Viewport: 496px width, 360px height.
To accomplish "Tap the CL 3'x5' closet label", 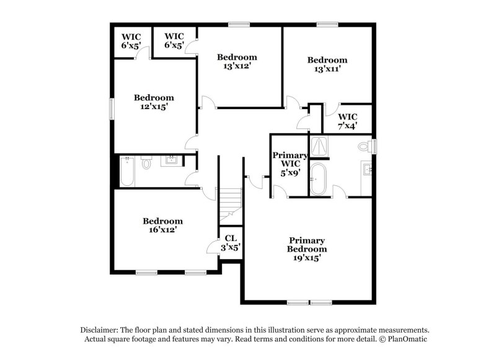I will pyautogui.click(x=231, y=242).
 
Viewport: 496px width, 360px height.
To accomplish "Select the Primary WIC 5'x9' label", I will pyautogui.click(x=290, y=164).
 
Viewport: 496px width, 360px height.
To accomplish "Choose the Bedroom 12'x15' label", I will pyautogui.click(x=154, y=102).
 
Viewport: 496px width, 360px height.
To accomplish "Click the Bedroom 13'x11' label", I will pyautogui.click(x=327, y=64).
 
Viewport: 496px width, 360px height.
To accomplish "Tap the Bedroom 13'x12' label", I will pyautogui.click(x=237, y=61).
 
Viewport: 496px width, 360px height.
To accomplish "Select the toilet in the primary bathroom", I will pyautogui.click(x=365, y=147).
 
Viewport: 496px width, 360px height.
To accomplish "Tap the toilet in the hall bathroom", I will pyautogui.click(x=146, y=164).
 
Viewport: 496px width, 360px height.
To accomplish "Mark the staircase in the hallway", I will pyautogui.click(x=231, y=204).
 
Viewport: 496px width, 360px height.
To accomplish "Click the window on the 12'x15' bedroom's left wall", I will pyautogui.click(x=112, y=109).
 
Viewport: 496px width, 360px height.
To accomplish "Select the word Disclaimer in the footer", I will pyautogui.click(x=100, y=330).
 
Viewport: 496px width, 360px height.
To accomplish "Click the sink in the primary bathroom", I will pyautogui.click(x=367, y=169).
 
